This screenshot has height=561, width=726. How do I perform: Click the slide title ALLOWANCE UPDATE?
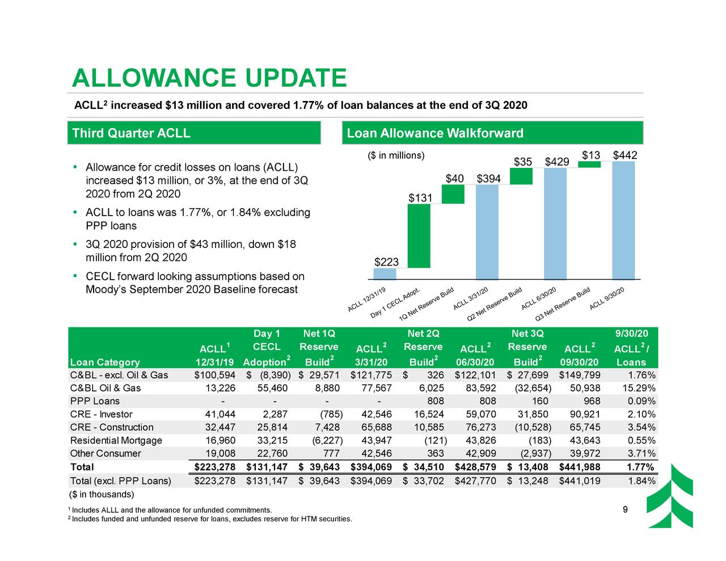click(209, 78)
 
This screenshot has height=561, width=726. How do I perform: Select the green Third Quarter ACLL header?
click(194, 133)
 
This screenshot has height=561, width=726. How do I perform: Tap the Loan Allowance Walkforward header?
click(493, 133)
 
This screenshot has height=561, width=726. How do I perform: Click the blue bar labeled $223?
click(385, 274)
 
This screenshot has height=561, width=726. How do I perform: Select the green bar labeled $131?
click(419, 235)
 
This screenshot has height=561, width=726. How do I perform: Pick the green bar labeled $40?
click(453, 194)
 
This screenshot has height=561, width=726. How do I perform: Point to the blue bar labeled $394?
click(487, 232)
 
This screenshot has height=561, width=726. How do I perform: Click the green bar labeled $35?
click(521, 176)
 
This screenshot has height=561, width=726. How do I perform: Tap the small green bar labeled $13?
click(589, 164)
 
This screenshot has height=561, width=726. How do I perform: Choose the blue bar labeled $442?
click(623, 220)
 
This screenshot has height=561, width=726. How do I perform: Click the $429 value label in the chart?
click(556, 162)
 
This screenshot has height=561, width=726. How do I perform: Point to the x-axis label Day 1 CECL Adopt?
click(396, 303)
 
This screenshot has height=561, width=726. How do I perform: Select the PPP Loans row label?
click(95, 402)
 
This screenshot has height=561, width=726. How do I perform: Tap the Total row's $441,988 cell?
click(579, 467)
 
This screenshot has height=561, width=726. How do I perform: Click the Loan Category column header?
click(105, 362)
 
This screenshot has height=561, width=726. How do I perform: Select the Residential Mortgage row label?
click(116, 441)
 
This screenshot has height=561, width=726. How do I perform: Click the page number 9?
click(624, 509)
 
